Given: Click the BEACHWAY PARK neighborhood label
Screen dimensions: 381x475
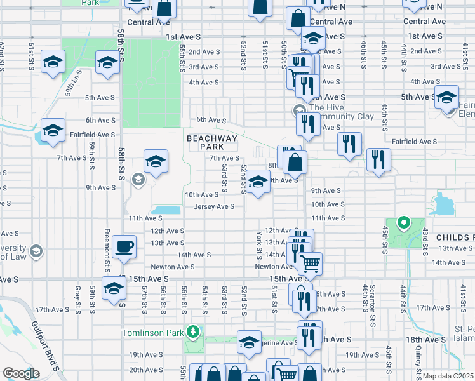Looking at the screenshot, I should pos(211,142).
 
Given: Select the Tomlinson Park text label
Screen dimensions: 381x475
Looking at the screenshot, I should pos(154,332).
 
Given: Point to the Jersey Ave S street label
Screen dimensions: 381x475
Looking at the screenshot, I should pos(214,206).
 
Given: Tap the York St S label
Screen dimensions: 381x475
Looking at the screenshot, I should pos(259,244).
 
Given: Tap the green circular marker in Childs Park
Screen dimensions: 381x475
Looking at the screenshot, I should pos(402,223).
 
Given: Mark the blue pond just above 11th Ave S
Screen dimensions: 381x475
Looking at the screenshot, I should pos(164,210).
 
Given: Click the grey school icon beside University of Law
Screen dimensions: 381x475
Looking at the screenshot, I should pos(36,251).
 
